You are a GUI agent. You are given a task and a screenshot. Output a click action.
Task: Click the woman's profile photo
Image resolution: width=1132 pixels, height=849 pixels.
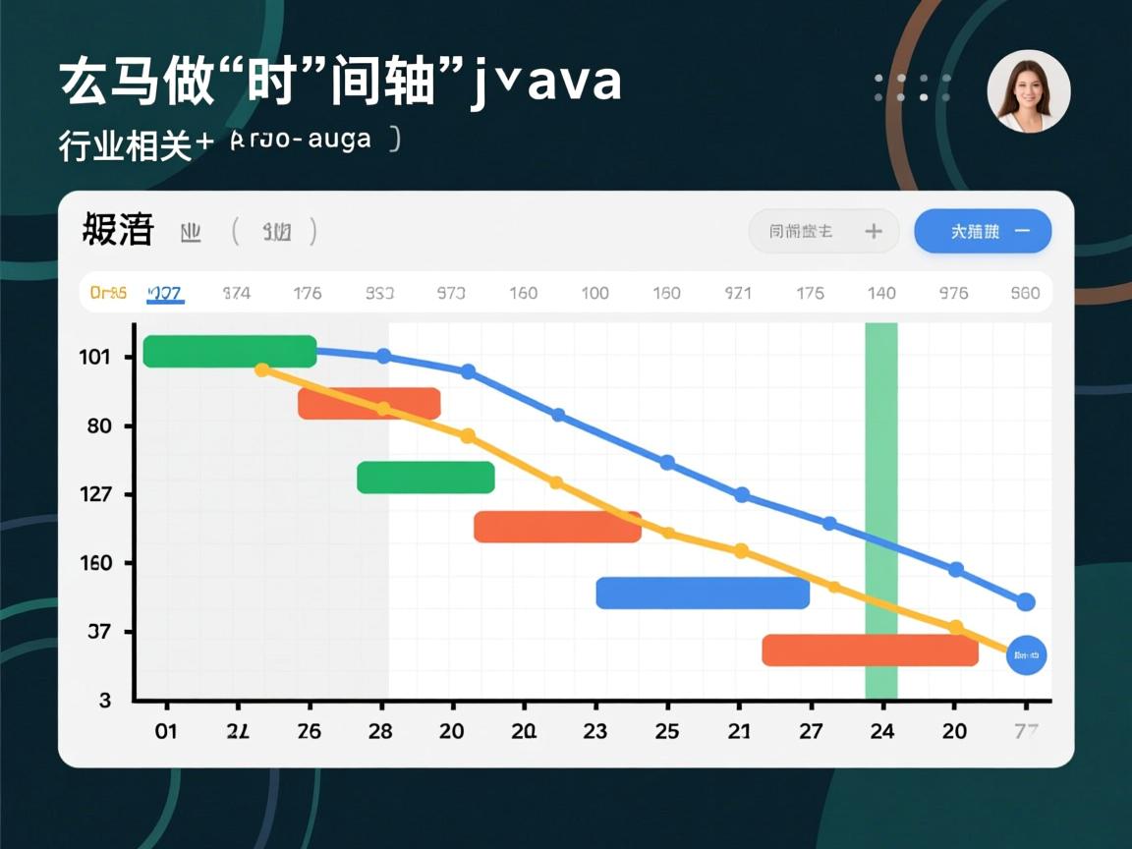1029,91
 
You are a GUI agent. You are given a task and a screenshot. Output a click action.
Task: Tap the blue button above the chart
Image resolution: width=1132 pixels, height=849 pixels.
983,232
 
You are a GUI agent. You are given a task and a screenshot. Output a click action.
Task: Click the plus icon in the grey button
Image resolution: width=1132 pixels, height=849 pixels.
874,232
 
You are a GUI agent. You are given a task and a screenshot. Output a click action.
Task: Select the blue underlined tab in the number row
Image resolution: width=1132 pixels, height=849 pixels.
164,293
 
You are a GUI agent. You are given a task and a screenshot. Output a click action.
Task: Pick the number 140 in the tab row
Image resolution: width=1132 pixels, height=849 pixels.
881,293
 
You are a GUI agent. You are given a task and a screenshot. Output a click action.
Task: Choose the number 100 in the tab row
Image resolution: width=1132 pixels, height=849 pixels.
594,293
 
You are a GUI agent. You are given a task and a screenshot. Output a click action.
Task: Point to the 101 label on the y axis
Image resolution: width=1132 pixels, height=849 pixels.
94,357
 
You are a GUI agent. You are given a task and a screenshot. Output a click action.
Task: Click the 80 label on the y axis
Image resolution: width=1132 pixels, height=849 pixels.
98,426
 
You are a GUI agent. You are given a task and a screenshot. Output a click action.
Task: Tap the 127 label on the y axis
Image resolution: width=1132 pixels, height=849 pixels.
94,494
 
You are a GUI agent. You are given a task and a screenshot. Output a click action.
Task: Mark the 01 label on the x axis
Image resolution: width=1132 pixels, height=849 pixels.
165,731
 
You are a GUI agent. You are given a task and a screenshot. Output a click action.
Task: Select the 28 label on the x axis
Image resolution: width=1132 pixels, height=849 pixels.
380,731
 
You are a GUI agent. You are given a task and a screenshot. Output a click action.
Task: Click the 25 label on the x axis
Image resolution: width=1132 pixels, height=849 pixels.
667,731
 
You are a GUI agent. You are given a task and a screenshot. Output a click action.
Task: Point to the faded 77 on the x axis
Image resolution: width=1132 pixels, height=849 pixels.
1026,731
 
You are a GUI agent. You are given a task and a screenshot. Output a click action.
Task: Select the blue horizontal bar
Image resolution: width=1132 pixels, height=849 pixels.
703,593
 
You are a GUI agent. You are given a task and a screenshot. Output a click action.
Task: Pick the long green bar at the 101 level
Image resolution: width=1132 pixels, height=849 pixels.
230,351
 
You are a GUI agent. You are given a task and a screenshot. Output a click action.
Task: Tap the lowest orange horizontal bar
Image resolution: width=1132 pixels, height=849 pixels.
870,650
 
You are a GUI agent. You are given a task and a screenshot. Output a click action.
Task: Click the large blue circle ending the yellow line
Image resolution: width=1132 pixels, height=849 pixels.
1027,654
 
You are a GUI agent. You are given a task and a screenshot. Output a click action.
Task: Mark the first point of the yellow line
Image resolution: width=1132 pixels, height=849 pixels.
262,369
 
